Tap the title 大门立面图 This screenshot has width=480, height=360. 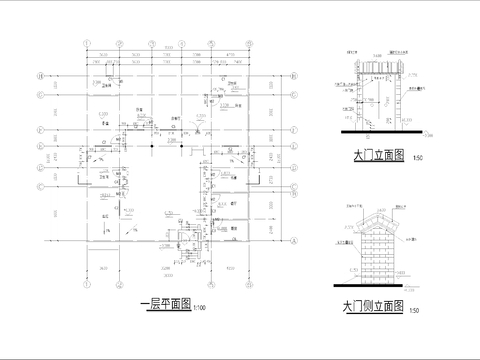click(x=378, y=156)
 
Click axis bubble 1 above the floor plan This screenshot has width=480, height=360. click(x=87, y=43)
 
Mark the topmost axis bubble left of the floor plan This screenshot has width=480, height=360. click(x=39, y=76)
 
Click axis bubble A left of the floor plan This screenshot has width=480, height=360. click(x=39, y=242)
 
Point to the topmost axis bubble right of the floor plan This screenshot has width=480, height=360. click(x=295, y=76)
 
